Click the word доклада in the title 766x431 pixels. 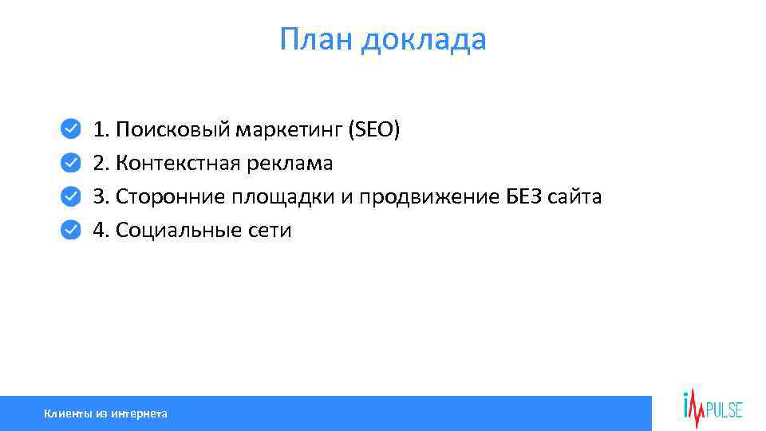[423, 40]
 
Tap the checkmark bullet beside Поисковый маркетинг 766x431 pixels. [71, 129]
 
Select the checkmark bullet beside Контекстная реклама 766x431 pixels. [71, 163]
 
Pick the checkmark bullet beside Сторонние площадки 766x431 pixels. [71, 196]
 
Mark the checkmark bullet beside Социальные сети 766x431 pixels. [71, 230]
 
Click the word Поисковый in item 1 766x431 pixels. [172, 129]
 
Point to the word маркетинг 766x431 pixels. [288, 130]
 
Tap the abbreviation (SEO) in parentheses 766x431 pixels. [373, 129]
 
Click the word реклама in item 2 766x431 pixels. [290, 164]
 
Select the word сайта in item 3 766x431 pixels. [574, 197]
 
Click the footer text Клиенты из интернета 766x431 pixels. [105, 413]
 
